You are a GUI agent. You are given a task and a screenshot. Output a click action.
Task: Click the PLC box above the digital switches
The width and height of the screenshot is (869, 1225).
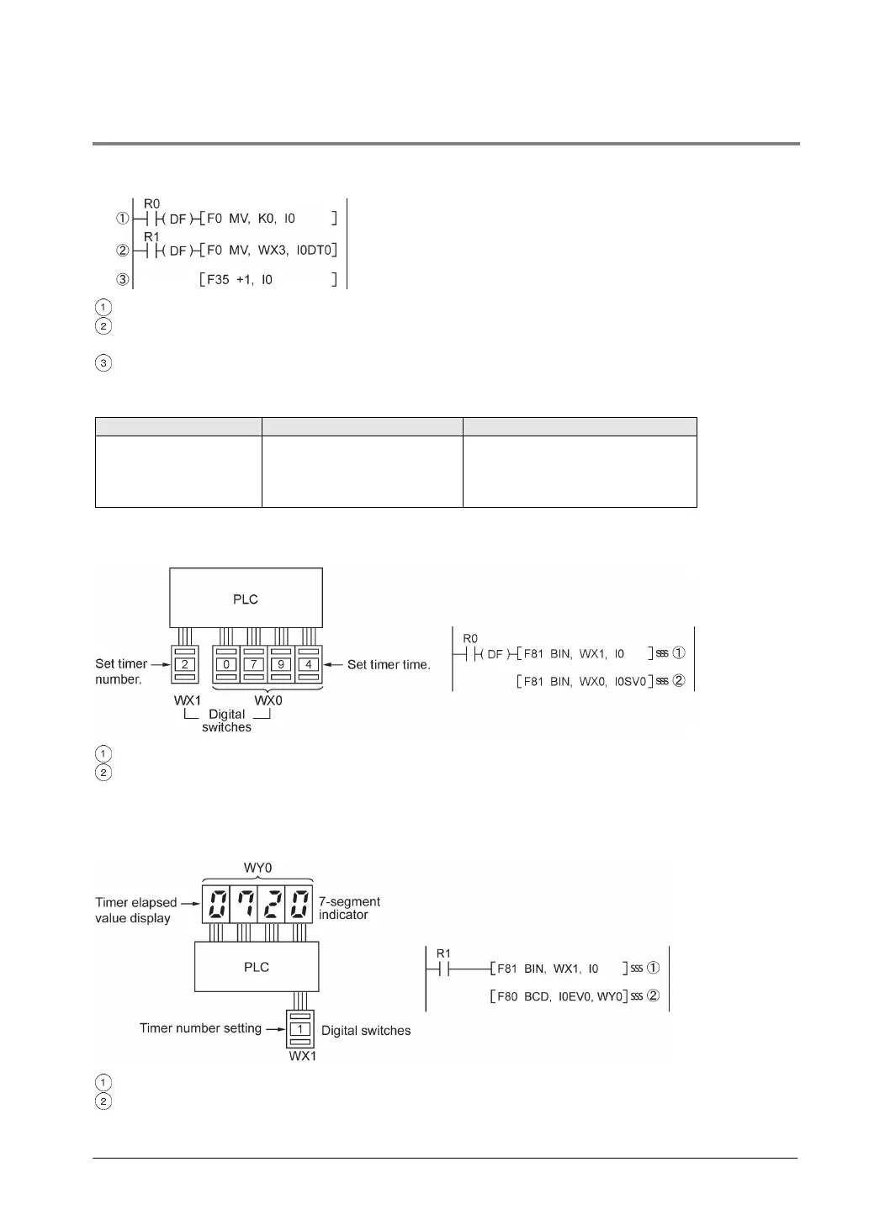pyautogui.click(x=246, y=599)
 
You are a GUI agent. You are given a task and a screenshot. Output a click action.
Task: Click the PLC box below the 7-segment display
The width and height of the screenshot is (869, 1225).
pyautogui.click(x=257, y=967)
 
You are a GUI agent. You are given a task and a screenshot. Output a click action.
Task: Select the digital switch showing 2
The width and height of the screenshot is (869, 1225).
pyautogui.click(x=184, y=664)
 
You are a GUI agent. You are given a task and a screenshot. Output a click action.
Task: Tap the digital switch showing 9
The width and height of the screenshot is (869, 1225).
pyautogui.click(x=282, y=664)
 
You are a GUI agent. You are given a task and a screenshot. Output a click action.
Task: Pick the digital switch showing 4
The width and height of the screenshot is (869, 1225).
pyautogui.click(x=309, y=664)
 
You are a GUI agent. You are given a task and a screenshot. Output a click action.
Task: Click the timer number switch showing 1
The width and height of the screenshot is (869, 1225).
pyautogui.click(x=300, y=1029)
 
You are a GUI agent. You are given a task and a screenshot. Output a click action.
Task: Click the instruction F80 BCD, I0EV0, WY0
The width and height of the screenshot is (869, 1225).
pyautogui.click(x=559, y=996)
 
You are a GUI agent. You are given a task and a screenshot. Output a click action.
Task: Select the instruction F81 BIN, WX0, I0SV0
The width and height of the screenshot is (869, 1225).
pyautogui.click(x=585, y=681)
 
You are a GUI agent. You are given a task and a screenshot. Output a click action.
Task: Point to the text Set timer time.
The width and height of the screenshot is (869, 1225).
pyautogui.click(x=389, y=664)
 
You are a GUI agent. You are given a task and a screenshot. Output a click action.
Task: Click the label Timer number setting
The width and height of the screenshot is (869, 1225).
pyautogui.click(x=200, y=1028)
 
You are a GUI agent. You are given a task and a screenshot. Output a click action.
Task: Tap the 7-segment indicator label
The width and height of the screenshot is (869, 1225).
pyautogui.click(x=349, y=908)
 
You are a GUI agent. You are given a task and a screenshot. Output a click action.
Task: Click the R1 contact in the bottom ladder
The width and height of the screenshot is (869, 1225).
pyautogui.click(x=443, y=968)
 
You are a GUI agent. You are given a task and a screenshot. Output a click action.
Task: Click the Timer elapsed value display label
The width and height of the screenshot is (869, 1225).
pyautogui.click(x=135, y=910)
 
